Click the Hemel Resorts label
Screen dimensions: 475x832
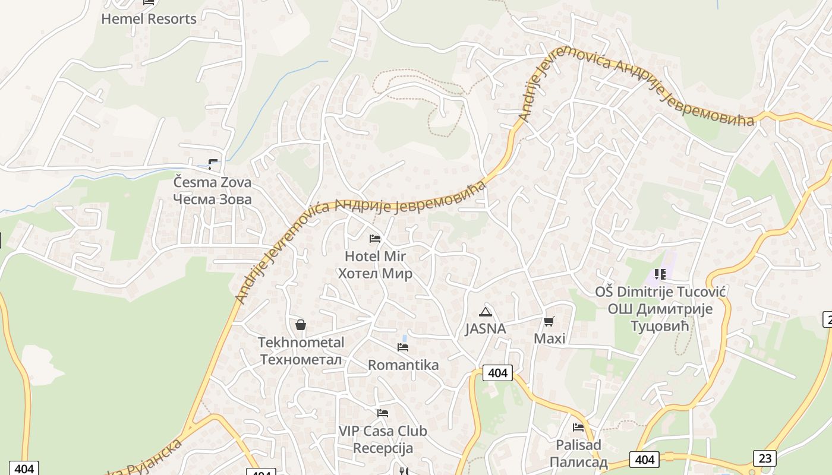tap(149, 18)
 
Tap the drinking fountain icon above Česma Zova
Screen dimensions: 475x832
tap(213, 164)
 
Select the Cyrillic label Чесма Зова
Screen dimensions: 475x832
tap(212, 199)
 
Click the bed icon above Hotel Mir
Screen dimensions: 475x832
tap(375, 239)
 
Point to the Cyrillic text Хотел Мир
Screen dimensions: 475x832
tap(375, 274)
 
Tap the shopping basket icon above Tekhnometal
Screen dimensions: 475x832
tap(301, 325)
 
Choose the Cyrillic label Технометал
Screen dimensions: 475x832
tap(301, 360)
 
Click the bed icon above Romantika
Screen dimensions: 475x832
tap(403, 347)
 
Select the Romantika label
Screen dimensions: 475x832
tap(403, 365)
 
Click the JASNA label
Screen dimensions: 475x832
tap(486, 329)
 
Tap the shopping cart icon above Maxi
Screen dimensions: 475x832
tap(549, 322)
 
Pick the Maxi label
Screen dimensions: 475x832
tap(550, 338)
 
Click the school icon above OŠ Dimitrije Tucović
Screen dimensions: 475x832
tap(660, 274)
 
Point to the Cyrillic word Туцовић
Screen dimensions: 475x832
tap(660, 326)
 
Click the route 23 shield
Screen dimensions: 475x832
tap(764, 458)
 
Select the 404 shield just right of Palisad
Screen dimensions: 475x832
tap(645, 459)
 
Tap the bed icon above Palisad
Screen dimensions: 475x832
tap(578, 427)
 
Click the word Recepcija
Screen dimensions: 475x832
tap(383, 448)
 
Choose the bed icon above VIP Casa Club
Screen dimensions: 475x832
tap(383, 413)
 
